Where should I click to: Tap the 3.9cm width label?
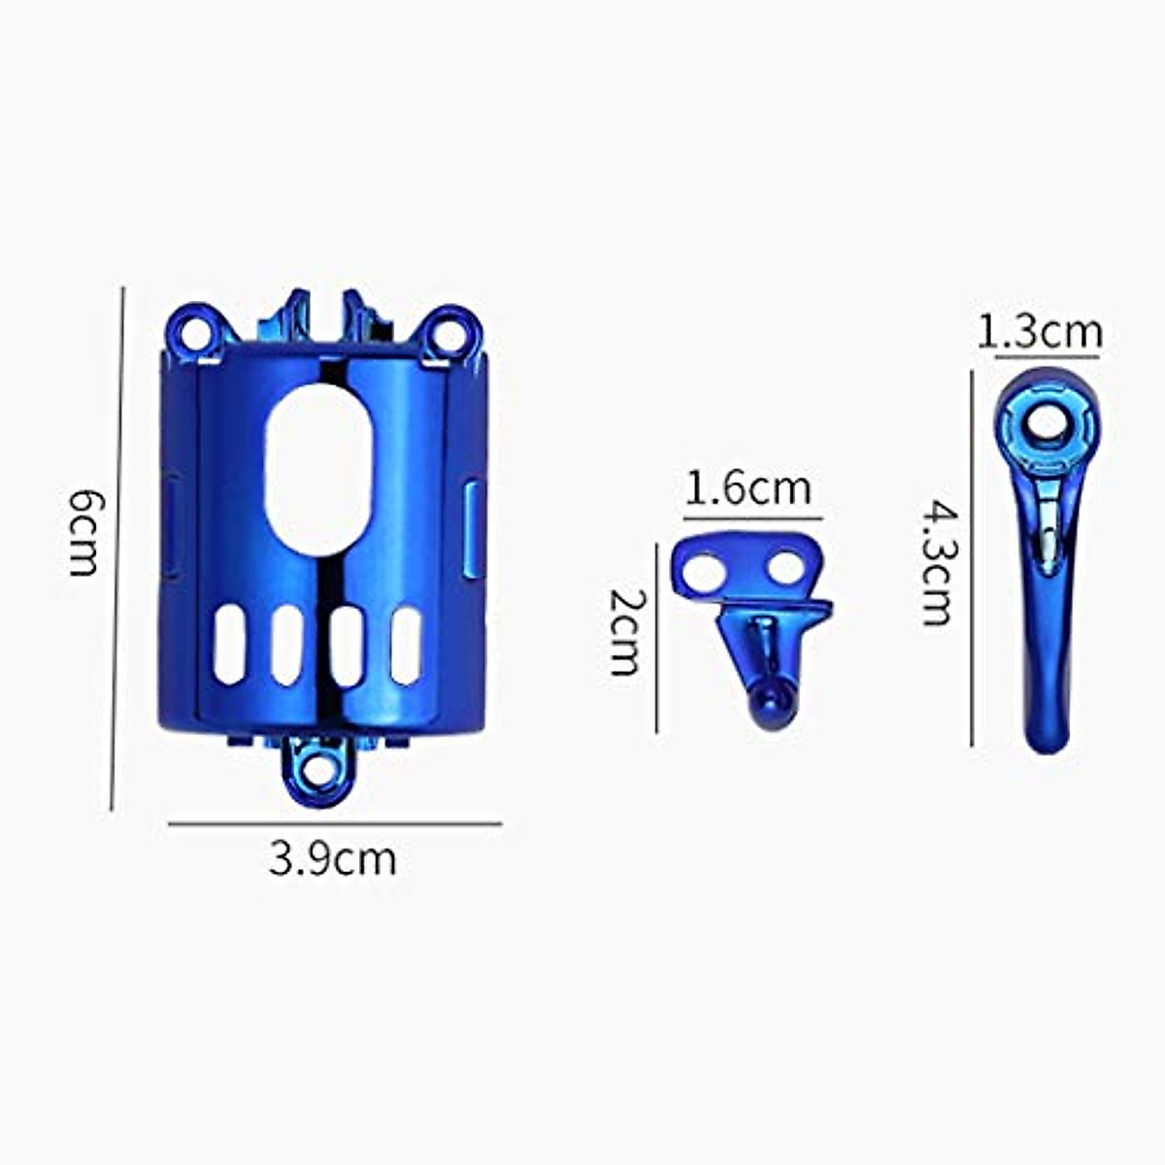pyautogui.click(x=333, y=858)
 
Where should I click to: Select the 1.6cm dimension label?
pyautogui.click(x=748, y=489)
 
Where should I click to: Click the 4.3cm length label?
pyautogui.click(x=938, y=561)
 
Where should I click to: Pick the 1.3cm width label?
pyautogui.click(x=1040, y=332)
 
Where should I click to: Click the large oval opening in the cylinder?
pyautogui.click(x=318, y=471)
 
